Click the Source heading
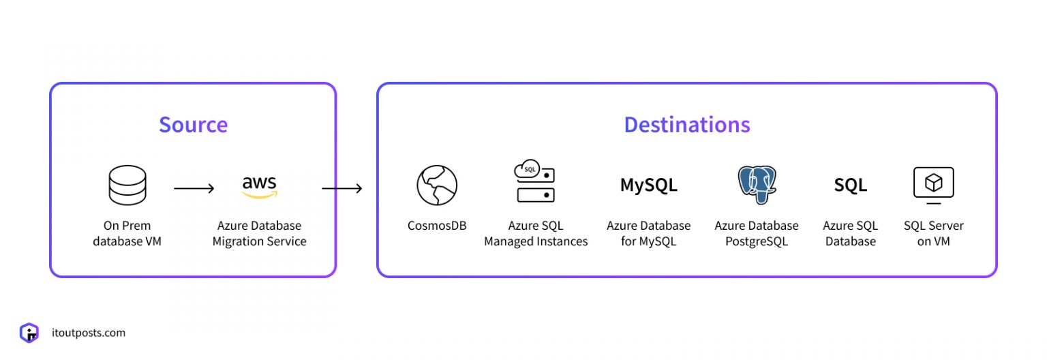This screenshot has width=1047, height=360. pyautogui.click(x=193, y=125)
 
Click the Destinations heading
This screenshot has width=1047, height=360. pyautogui.click(x=686, y=125)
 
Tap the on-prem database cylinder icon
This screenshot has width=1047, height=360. pyautogui.click(x=127, y=185)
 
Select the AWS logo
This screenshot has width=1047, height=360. pyautogui.click(x=259, y=186)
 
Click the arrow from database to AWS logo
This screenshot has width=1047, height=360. pyautogui.click(x=194, y=188)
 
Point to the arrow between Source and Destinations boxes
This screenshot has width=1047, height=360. pyautogui.click(x=342, y=188)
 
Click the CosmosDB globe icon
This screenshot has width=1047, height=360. pyautogui.click(x=437, y=185)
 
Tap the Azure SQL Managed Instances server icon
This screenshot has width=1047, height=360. pyautogui.click(x=535, y=182)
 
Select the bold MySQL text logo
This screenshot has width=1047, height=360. pyautogui.click(x=648, y=185)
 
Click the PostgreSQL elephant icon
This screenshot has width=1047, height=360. pyautogui.click(x=757, y=184)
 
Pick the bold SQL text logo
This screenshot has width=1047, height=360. pyautogui.click(x=850, y=185)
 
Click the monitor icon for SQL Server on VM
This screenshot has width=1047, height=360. pyautogui.click(x=933, y=185)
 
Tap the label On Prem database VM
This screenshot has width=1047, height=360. pyautogui.click(x=127, y=233)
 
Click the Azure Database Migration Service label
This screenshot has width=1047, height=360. pyautogui.click(x=259, y=233)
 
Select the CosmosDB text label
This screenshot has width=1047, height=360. pyautogui.click(x=437, y=226)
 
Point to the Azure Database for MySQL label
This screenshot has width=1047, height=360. pyautogui.click(x=648, y=233)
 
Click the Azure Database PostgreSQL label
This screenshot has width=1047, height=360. pyautogui.click(x=757, y=233)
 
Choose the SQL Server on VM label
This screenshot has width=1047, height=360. pyautogui.click(x=933, y=233)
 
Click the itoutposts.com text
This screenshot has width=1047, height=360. pyautogui.click(x=89, y=333)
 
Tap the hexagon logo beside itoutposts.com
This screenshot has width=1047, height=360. pyautogui.click(x=29, y=333)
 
